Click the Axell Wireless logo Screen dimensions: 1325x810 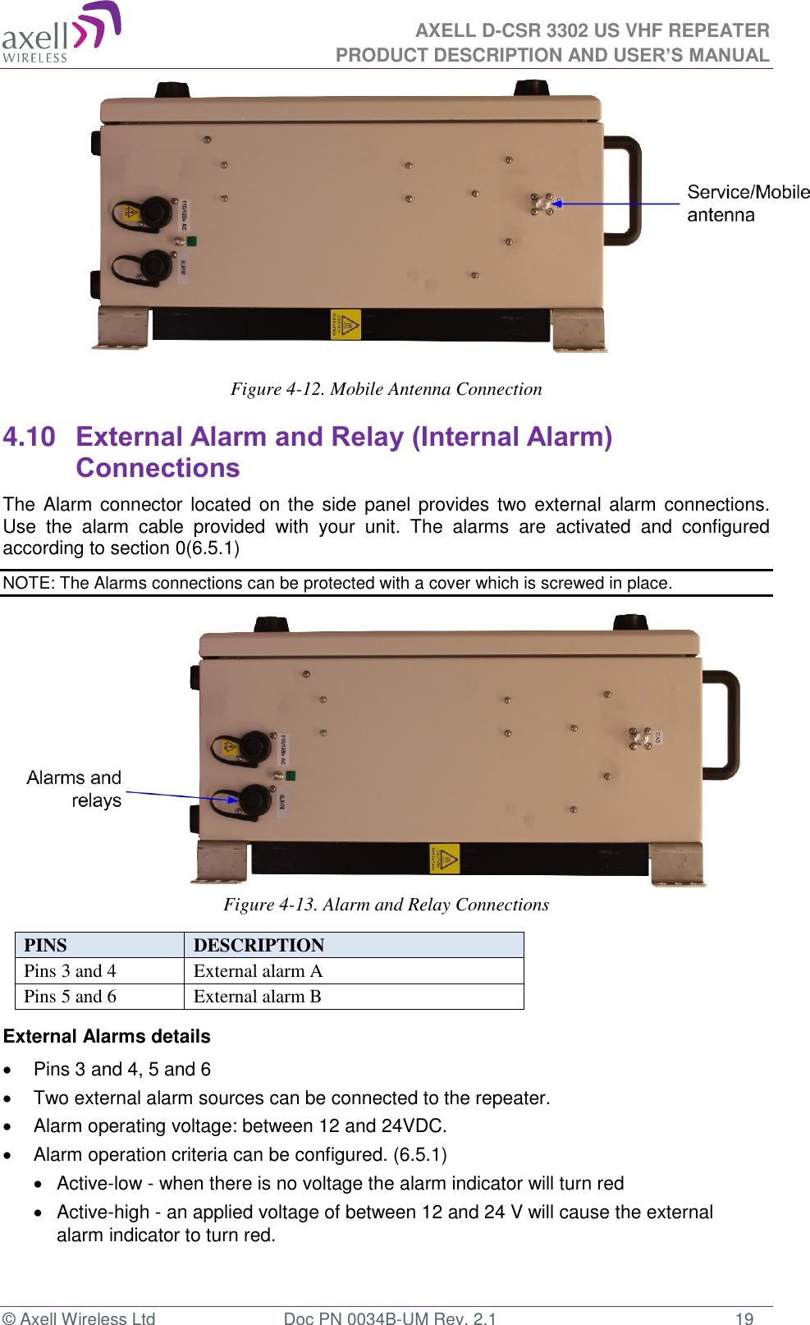point(62,33)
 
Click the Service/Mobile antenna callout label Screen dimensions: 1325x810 point(747,204)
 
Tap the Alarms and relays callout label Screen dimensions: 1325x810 point(75,789)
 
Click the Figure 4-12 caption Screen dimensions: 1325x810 point(386,389)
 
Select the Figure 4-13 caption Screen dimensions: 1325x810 point(386,905)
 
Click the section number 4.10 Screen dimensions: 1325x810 point(30,437)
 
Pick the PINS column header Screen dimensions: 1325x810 point(46,945)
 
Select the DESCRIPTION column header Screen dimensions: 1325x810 point(259,945)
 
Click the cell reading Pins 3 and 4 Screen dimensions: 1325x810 point(71,971)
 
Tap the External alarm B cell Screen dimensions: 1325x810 point(258,997)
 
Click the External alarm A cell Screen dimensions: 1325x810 point(259,971)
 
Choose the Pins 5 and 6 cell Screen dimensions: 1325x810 point(71,997)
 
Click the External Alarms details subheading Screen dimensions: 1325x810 point(107,1037)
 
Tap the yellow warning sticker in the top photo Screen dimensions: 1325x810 point(346,324)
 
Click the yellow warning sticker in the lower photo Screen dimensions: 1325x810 point(445,859)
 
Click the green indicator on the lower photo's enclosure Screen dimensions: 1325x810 point(291,775)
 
